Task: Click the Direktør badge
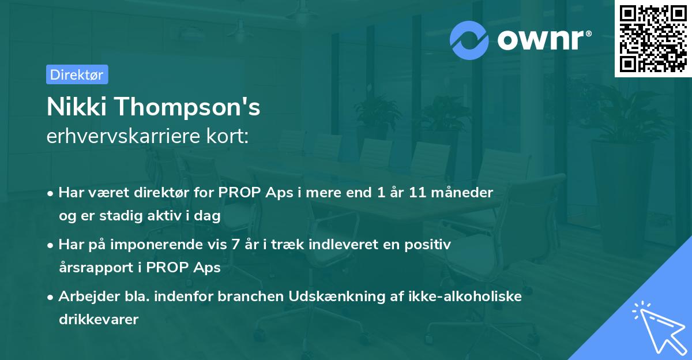point(77,74)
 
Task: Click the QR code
point(653,39)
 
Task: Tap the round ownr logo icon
point(469,40)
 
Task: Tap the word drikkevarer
point(99,320)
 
